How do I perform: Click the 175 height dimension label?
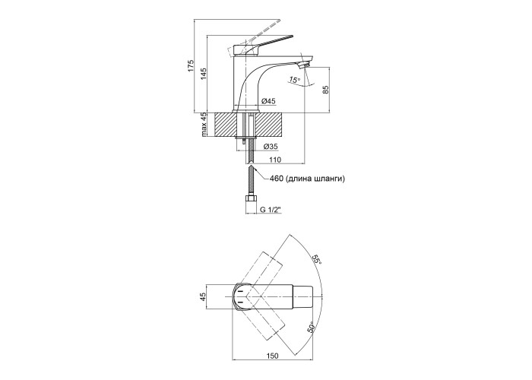190,66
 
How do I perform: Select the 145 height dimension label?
204,74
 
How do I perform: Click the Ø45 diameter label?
268,100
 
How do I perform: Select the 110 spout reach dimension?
276,160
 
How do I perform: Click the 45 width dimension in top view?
204,296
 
